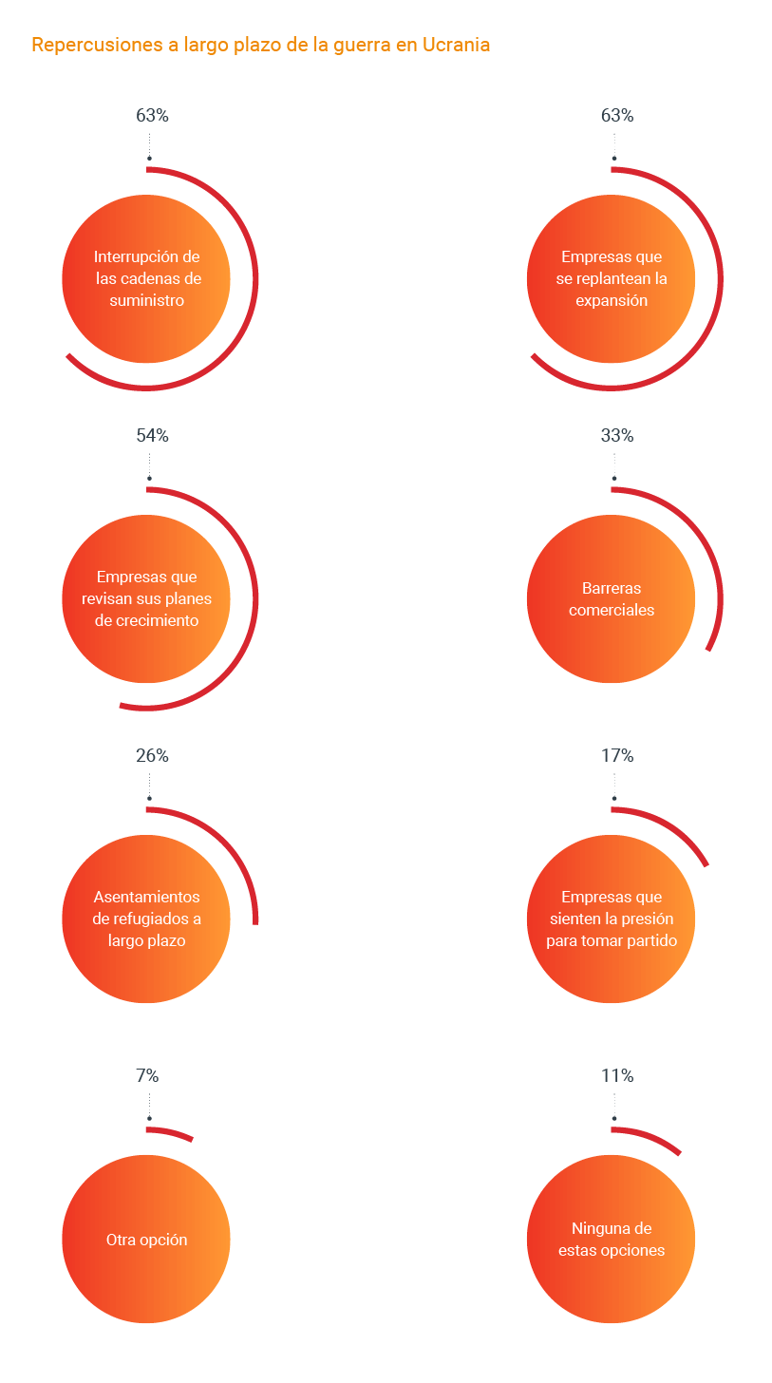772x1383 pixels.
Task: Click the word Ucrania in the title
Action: point(455,45)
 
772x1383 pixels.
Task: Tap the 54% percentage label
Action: point(152,436)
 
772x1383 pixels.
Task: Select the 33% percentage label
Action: point(617,436)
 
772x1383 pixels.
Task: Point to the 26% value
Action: point(152,756)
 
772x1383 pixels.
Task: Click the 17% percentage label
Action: point(617,756)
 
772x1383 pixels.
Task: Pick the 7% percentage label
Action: point(147,1076)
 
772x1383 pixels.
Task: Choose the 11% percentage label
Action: point(617,1076)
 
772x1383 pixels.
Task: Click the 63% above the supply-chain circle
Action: point(152,116)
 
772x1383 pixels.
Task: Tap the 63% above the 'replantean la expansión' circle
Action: point(617,116)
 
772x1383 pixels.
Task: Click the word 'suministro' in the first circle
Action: point(146,300)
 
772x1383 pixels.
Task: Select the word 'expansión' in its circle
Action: point(612,300)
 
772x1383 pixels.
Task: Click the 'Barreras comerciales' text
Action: point(612,599)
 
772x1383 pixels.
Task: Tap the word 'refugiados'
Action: point(158,919)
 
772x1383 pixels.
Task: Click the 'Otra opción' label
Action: point(146,1240)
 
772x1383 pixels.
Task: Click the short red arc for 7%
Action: point(171,1132)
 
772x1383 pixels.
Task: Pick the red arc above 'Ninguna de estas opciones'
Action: point(650,1138)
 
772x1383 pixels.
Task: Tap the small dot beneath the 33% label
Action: point(614,479)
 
